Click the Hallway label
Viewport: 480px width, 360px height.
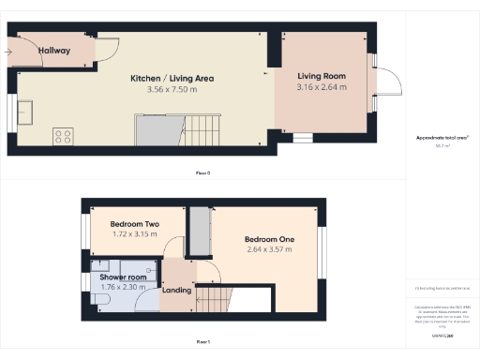click(x=54, y=51)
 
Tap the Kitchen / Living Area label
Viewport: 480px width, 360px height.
click(x=172, y=79)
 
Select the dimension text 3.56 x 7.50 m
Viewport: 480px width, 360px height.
click(x=172, y=90)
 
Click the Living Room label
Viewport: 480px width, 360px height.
click(x=322, y=75)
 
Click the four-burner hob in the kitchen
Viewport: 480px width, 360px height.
click(x=64, y=136)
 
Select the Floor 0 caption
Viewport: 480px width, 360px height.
click(x=202, y=173)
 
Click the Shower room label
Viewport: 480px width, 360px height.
click(x=123, y=277)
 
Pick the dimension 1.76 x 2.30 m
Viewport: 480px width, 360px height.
click(x=123, y=287)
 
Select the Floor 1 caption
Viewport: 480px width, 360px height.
click(x=202, y=341)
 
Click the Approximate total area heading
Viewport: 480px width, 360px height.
click(x=442, y=138)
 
